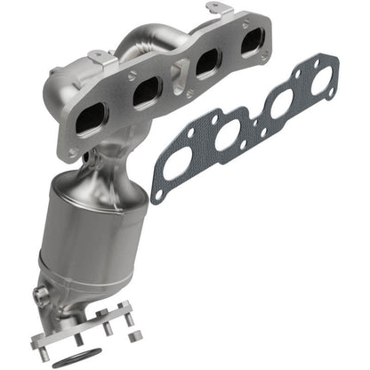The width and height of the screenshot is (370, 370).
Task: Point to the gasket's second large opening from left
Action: [x=229, y=135]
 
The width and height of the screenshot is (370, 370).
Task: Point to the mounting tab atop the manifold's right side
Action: [x=218, y=10]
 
